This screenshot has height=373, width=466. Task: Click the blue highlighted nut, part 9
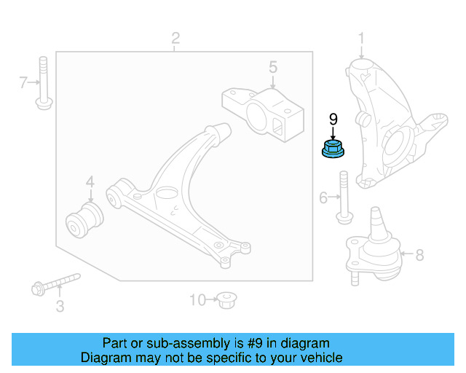333,149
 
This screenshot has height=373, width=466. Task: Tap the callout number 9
333,119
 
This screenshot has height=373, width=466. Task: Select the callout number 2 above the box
175,38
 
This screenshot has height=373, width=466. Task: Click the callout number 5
272,68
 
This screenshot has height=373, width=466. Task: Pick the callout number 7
23,83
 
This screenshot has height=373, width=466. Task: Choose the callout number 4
90,182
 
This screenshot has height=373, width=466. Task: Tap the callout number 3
60,307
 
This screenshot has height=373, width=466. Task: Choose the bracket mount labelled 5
262,113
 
